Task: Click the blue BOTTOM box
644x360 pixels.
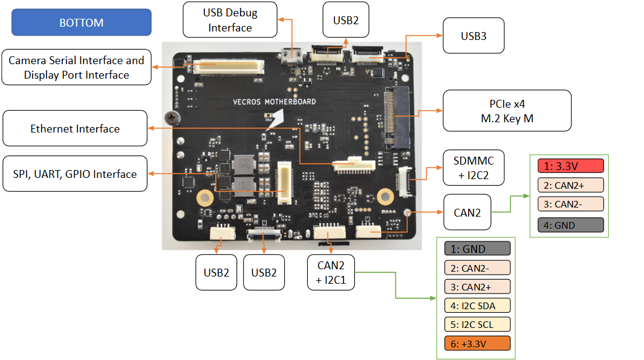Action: [x=82, y=22]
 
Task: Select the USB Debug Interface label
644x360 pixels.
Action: [x=230, y=19]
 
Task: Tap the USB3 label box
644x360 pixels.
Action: [x=473, y=36]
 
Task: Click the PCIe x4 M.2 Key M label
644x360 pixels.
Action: [x=507, y=111]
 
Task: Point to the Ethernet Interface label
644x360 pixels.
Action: [x=75, y=128]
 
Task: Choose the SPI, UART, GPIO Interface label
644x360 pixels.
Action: [x=75, y=174]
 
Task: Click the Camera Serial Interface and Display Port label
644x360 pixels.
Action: [x=76, y=67]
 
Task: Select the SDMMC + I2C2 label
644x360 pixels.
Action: [x=473, y=168]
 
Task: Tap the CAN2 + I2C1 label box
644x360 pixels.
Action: [x=330, y=272]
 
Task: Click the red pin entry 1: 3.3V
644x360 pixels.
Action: [x=570, y=166]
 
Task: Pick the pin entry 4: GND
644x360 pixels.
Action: [x=570, y=225]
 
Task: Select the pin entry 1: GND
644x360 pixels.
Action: [x=477, y=249]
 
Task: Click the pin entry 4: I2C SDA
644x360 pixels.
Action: [x=477, y=306]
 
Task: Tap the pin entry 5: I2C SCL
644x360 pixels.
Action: [x=477, y=324]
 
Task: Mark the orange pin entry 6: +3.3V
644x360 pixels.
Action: [x=477, y=343]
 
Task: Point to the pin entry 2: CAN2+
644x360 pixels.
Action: [x=570, y=185]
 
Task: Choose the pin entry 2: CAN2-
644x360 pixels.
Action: [x=477, y=267]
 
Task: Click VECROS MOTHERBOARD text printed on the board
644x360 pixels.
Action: [x=275, y=102]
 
